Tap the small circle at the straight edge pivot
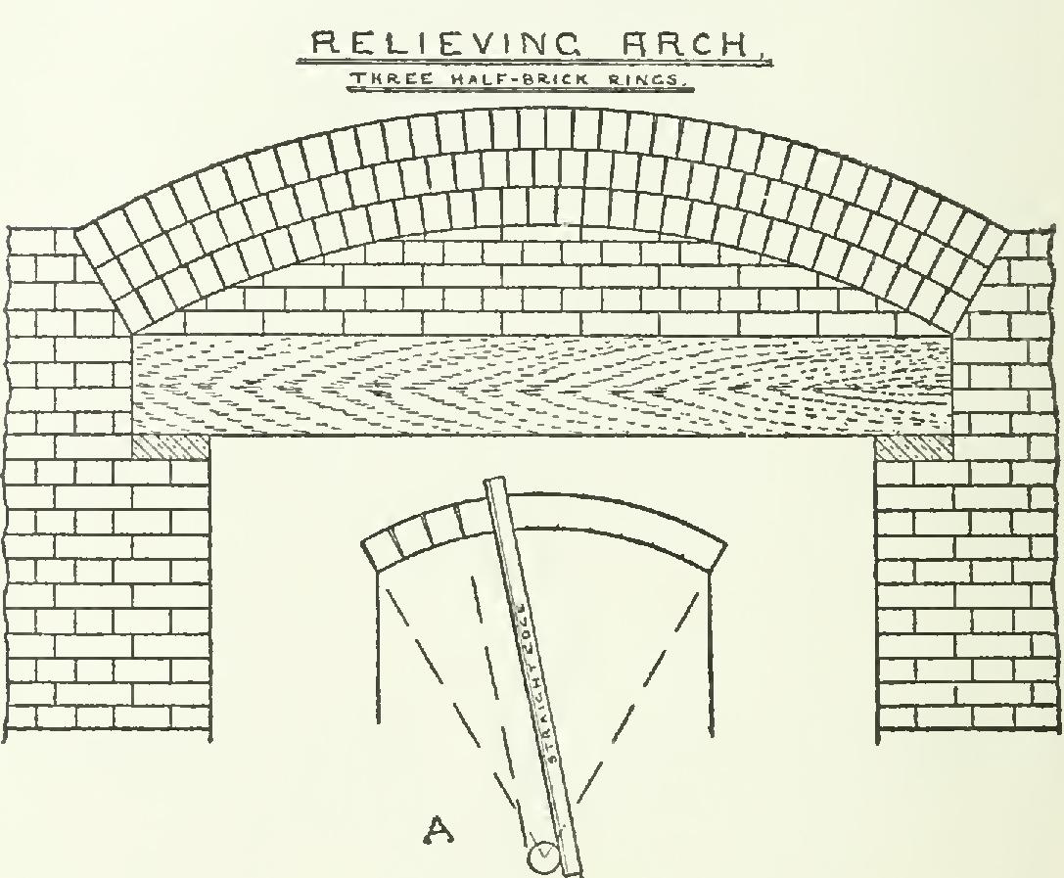544,857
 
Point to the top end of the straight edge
494,481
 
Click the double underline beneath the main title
534,64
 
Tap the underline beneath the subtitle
519,89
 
